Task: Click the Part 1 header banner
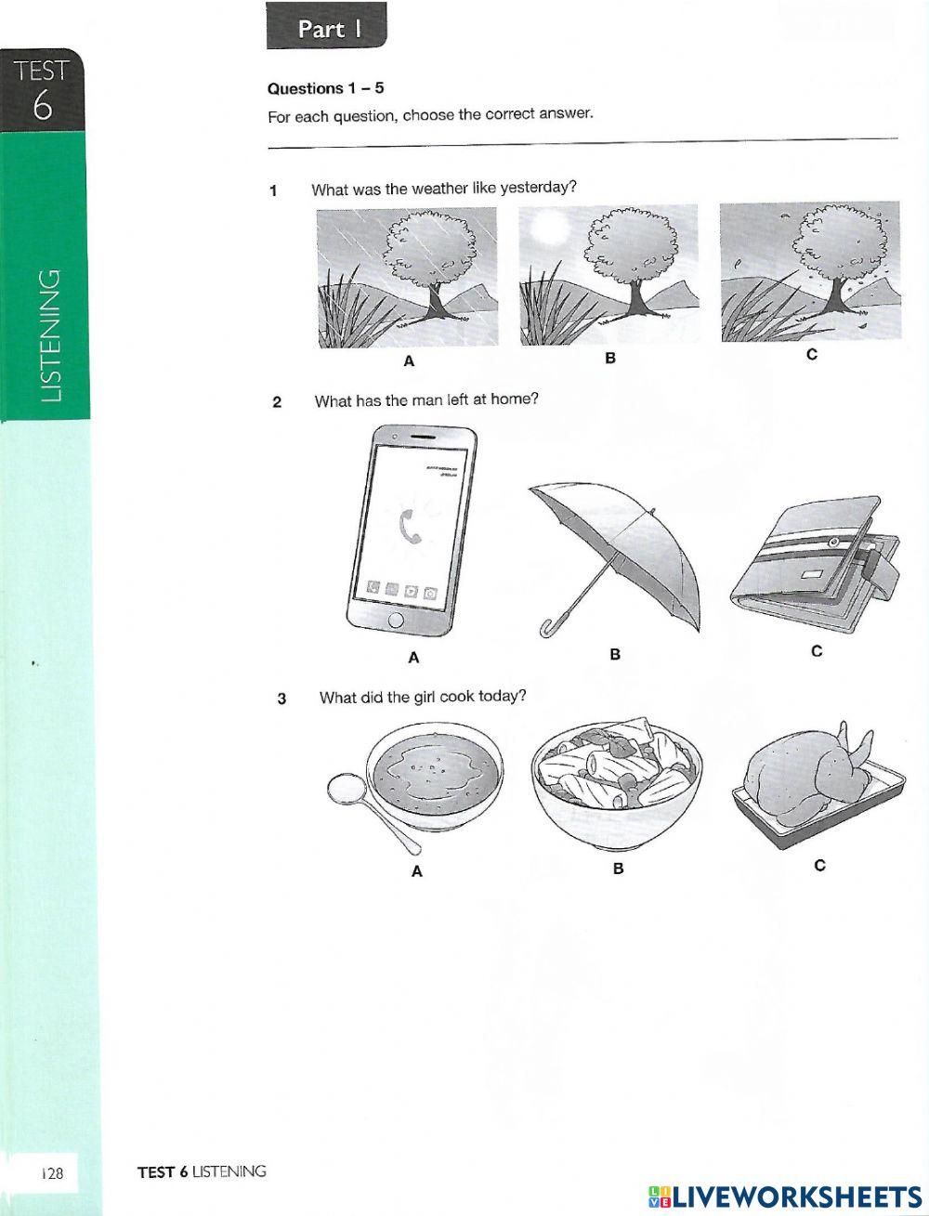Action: pos(326,28)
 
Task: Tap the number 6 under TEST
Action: pos(43,106)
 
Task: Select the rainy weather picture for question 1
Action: pos(407,277)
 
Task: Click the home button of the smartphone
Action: pos(397,621)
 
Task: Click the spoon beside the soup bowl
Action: pos(358,798)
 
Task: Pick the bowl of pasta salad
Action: pos(614,784)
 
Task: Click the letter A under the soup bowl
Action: pos(416,871)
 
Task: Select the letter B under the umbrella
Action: pos(614,654)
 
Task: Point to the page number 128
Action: pos(51,1174)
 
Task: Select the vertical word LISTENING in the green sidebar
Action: pos(51,335)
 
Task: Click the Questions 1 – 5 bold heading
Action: pos(325,88)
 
